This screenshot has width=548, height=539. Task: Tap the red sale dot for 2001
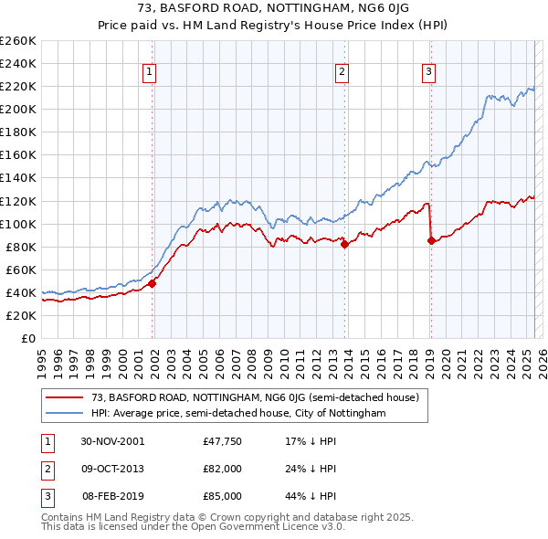tap(153, 283)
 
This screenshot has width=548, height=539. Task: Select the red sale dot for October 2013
tap(344, 244)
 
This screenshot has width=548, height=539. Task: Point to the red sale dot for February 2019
tap(431, 240)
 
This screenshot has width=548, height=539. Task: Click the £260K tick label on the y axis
tap(17, 41)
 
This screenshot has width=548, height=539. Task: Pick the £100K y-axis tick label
tap(17, 224)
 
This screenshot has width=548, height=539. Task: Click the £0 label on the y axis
tap(27, 338)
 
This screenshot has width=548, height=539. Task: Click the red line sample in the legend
tap(64, 397)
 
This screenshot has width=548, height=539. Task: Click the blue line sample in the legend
tap(64, 413)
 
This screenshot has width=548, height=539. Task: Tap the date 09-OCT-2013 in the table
tap(112, 468)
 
